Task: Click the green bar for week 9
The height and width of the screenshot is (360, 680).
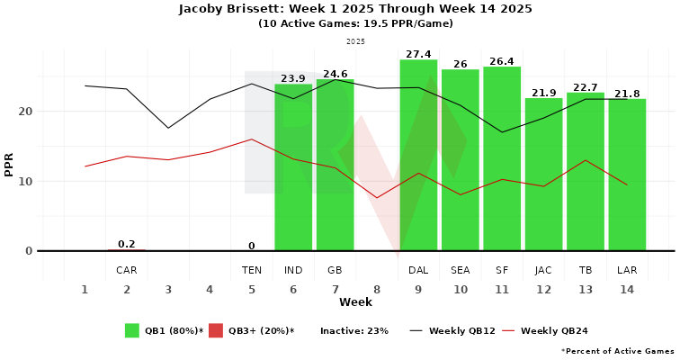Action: point(418,155)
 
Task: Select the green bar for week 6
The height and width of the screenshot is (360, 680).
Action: point(293,167)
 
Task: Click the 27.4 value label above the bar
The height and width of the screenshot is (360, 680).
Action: point(419,55)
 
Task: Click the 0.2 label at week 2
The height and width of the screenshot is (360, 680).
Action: point(127,244)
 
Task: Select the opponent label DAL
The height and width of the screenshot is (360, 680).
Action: point(418,270)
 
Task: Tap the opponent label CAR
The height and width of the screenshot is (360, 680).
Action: point(127,270)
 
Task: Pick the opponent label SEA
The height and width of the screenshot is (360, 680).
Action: point(461,270)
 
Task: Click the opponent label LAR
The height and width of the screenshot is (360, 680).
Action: point(627,270)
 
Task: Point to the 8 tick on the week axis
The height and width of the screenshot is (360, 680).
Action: point(377,290)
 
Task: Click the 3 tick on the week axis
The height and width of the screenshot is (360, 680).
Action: point(168,290)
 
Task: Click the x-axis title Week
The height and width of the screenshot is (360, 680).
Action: point(356,302)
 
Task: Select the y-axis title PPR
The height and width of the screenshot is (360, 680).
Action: point(9,164)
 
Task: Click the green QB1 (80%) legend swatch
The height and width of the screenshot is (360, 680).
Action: point(132,330)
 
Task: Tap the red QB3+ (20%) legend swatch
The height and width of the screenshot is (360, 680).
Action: point(216,330)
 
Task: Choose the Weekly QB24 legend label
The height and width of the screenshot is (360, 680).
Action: point(554,331)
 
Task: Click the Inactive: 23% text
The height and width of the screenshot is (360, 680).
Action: point(353,331)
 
